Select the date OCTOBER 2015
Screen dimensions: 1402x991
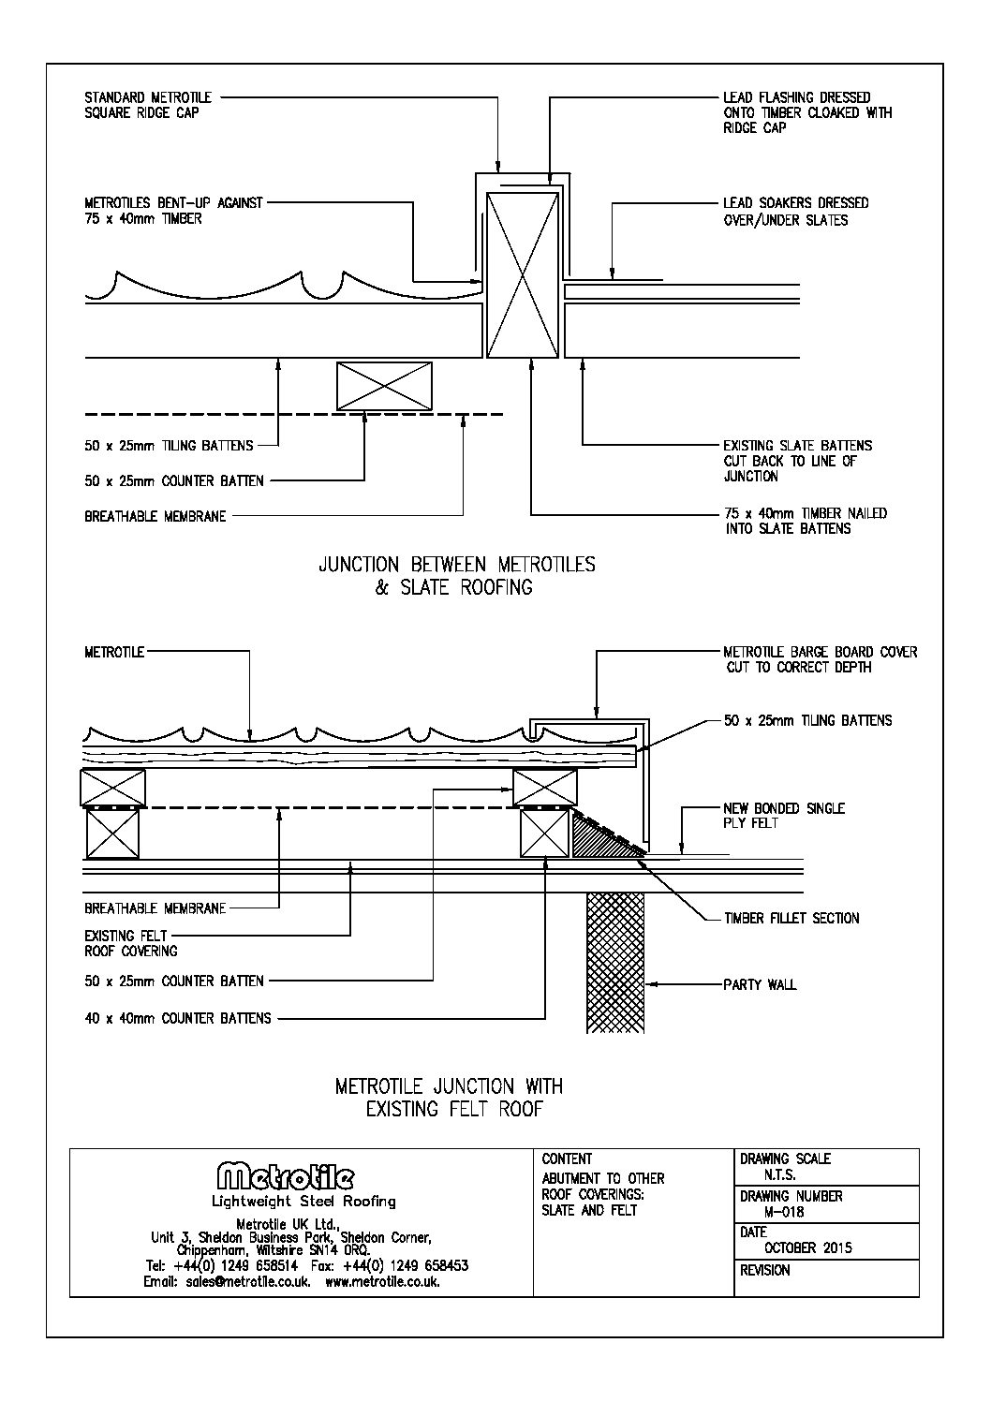tap(808, 1247)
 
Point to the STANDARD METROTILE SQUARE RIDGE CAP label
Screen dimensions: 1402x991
tap(148, 105)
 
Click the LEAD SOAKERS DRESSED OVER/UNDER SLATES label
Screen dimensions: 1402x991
tap(795, 212)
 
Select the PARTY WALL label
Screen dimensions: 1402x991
tap(760, 985)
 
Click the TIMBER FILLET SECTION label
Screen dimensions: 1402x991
tap(791, 919)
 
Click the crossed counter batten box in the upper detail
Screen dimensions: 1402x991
tap(384, 387)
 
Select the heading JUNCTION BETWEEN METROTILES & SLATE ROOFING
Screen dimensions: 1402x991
tap(457, 576)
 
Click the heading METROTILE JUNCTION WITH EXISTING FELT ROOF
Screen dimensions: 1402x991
tap(450, 1098)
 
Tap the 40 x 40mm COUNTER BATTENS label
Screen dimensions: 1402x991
tap(178, 1018)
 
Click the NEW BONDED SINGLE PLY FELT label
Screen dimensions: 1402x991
tap(784, 816)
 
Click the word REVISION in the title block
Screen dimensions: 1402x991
tap(764, 1271)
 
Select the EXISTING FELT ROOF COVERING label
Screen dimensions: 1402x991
tap(131, 943)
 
